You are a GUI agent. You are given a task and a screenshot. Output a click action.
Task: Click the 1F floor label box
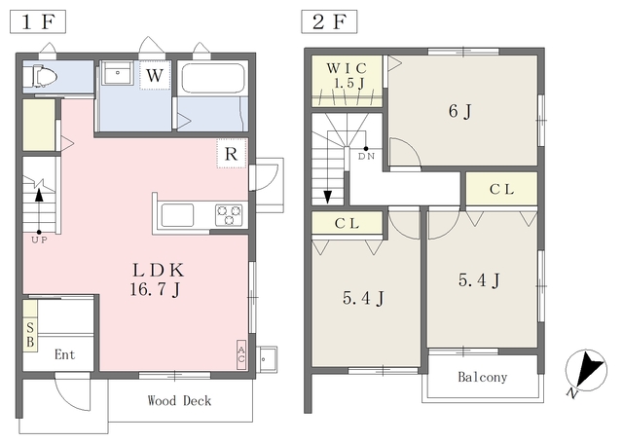(x=38, y=21)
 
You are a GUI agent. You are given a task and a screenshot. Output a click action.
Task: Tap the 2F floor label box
(x=329, y=21)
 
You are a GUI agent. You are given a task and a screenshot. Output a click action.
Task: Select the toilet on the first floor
(x=40, y=76)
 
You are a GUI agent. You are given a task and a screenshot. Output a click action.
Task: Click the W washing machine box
(x=155, y=75)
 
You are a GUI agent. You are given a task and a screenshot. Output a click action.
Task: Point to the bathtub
(x=212, y=78)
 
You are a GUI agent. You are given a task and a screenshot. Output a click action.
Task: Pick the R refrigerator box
(x=232, y=154)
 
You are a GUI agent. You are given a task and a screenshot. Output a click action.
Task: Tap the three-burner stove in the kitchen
(x=229, y=215)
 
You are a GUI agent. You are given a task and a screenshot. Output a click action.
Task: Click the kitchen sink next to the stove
(x=177, y=215)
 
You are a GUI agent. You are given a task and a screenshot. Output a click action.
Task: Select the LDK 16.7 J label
(x=158, y=280)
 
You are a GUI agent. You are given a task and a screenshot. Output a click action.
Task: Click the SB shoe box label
(x=30, y=335)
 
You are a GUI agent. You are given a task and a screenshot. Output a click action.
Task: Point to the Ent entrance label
(x=65, y=354)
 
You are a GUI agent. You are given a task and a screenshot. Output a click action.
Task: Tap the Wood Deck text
(x=179, y=400)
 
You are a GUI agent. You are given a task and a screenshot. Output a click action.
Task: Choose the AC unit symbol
(x=241, y=354)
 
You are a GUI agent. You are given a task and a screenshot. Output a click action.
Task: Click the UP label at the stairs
(x=39, y=240)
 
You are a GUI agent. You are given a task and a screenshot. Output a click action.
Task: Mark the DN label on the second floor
(x=366, y=157)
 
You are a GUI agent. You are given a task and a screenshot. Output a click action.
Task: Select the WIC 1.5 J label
(x=347, y=76)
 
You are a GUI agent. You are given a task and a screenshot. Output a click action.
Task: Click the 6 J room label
(x=459, y=112)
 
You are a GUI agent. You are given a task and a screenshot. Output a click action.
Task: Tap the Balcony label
(x=483, y=377)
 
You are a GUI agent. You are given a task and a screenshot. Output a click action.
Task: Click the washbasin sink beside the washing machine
(x=117, y=72)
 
